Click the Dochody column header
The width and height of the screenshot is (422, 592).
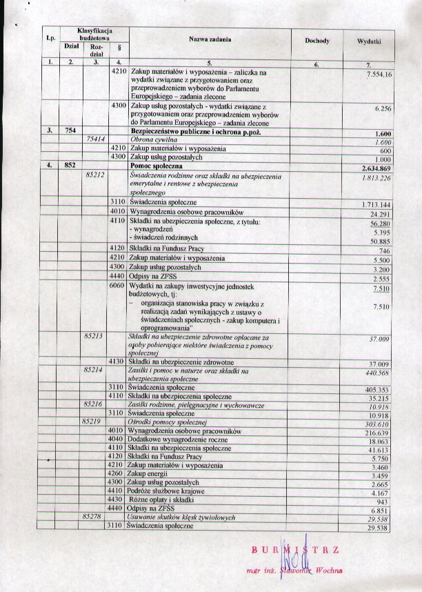pos(317,41)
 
